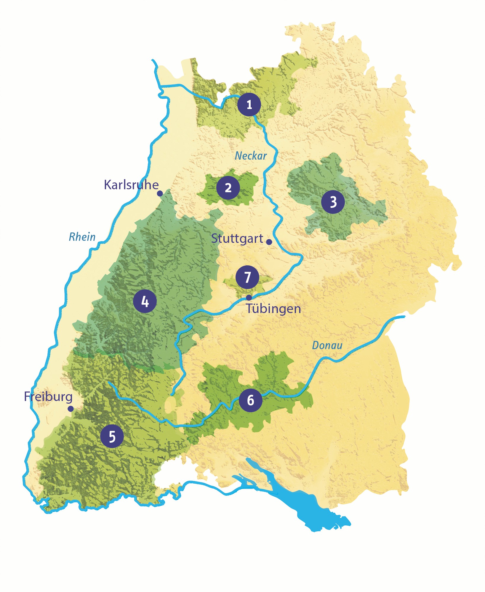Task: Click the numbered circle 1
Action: [249, 105]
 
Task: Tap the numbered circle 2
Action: [228, 188]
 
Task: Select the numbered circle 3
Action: [333, 202]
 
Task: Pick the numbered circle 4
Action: [145, 301]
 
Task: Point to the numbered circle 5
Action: [112, 436]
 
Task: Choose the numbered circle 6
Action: [250, 400]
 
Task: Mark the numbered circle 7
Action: [247, 277]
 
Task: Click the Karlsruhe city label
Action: [131, 185]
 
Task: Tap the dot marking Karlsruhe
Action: [160, 193]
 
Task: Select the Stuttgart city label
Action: [237, 239]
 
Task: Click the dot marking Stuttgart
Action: [269, 242]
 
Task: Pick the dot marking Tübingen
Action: [249, 297]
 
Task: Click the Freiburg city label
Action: [48, 397]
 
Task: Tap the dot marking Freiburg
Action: [71, 409]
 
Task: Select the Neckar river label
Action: [251, 156]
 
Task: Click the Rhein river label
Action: [82, 237]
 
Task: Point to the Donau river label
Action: [327, 345]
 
